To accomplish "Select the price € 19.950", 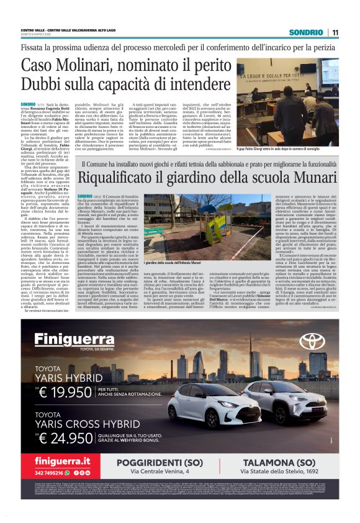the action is coord(68,391).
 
